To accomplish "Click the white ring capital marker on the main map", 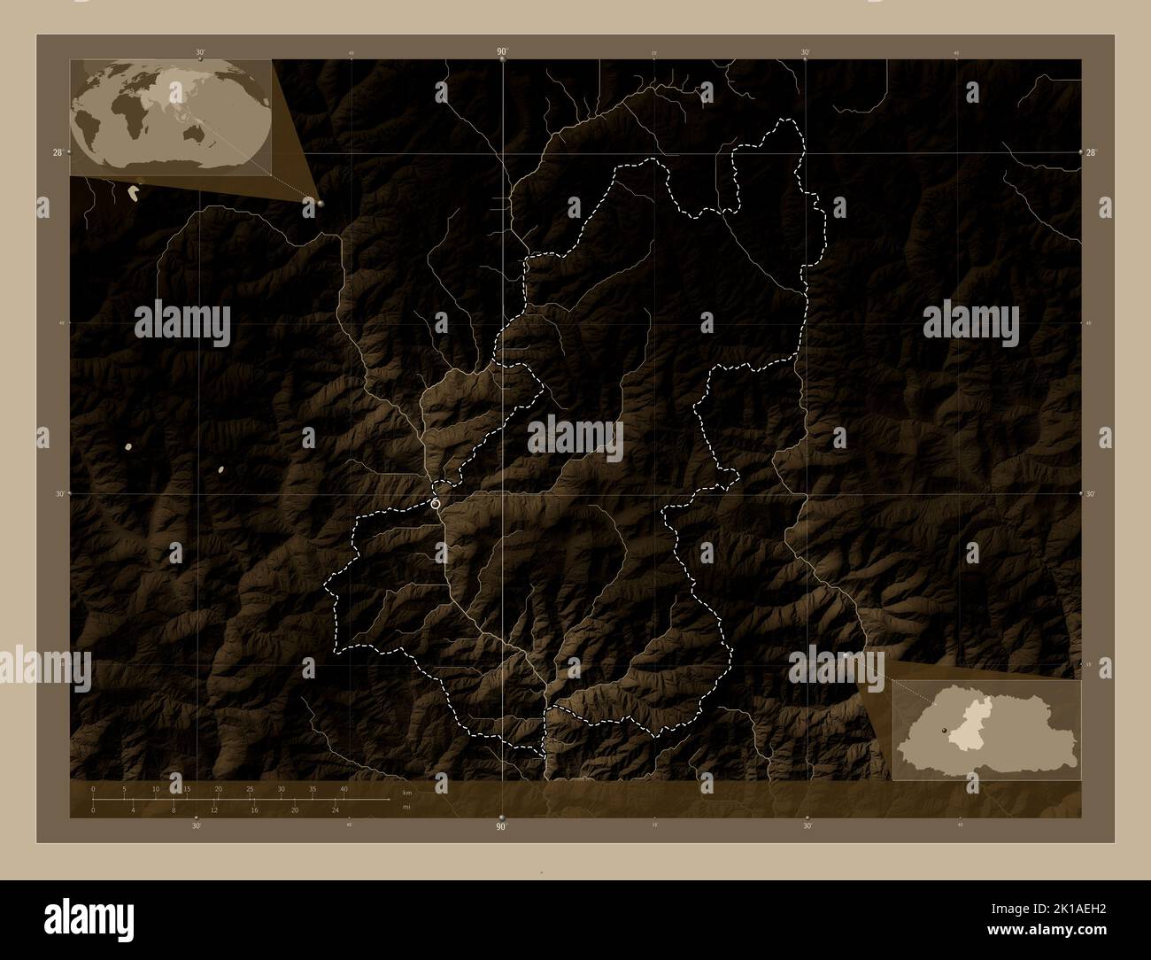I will (436, 503).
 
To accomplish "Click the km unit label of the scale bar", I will (406, 794).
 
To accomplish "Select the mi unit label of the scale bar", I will (406, 807).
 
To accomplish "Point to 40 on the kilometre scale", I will (344, 788).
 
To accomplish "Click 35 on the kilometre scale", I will (313, 788).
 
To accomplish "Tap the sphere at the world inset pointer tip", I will (319, 204).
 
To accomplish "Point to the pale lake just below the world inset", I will (134, 190).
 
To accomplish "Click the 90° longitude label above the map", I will (502, 52).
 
